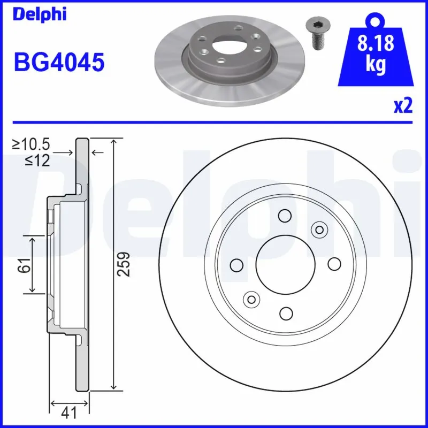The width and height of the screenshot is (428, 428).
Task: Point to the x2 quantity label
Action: (403, 106)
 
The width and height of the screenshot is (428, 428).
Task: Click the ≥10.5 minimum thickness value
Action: (32, 144)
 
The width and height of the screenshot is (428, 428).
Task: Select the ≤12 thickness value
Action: (37, 160)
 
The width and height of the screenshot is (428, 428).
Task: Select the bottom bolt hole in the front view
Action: (286, 314)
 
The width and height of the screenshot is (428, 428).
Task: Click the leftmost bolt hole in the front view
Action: (236, 264)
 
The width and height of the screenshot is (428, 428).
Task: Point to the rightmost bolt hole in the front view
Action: (334, 264)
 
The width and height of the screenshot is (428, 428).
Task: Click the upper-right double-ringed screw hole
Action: (319, 230)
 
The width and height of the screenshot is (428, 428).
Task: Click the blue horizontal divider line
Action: (214, 121)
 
